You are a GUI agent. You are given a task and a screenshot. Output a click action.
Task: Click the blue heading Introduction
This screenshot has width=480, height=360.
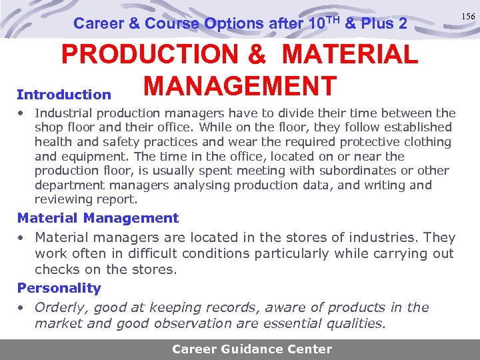point(64,95)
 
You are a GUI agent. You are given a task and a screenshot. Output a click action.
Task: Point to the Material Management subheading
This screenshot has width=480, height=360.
point(98,218)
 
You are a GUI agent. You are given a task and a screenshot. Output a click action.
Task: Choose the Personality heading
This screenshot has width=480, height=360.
point(59,288)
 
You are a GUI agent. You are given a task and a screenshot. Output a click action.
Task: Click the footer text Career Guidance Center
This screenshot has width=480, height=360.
point(251,349)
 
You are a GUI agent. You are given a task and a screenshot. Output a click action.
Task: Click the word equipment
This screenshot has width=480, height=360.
point(95,157)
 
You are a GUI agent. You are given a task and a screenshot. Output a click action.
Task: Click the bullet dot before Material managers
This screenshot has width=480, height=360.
point(21,238)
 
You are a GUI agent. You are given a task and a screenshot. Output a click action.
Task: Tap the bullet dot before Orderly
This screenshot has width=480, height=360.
point(21,308)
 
